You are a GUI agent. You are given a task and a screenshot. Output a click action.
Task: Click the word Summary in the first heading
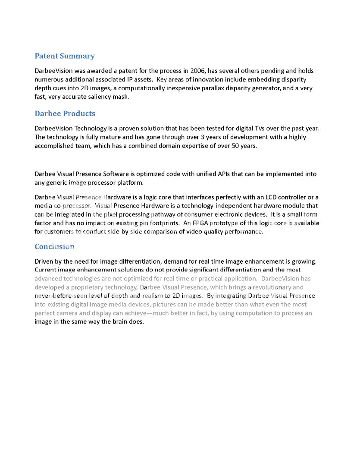[x=77, y=56]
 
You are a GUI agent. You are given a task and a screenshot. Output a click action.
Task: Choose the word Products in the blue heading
[x=79, y=114]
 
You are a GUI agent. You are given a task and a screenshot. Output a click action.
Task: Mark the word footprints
[x=162, y=223]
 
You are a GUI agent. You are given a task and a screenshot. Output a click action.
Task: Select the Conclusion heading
[x=54, y=247]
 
